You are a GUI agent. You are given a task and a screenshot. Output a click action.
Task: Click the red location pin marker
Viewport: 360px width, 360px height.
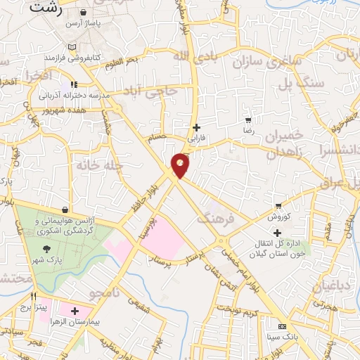click(x=181, y=165)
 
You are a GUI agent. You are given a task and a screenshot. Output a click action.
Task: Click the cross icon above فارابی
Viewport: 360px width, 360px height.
click(x=197, y=127)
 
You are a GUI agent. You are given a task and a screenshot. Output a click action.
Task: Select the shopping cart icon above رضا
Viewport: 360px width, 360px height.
click(x=247, y=120)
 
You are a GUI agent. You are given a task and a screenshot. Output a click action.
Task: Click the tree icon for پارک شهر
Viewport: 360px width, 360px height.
click(x=47, y=248)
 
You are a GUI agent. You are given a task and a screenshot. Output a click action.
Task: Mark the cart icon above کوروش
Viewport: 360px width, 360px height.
click(x=279, y=206)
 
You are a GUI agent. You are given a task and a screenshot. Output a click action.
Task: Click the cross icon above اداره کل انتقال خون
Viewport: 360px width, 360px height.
click(x=278, y=232)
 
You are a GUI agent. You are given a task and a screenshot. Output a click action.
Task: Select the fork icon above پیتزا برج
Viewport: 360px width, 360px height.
click(x=33, y=297)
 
